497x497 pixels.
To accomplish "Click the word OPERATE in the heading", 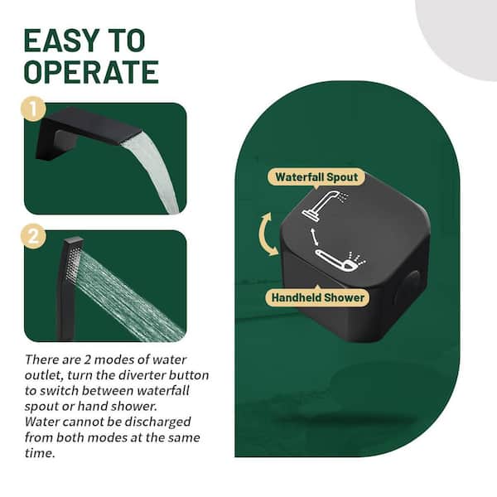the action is pos(91,72).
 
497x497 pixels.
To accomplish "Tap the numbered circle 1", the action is pos(33,109).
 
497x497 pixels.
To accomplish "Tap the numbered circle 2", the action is pos(33,236).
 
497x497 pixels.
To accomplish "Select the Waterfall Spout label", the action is pos(316,177).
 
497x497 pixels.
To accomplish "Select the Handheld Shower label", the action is pos(317,297).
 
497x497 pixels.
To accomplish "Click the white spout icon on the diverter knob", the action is pos(326,204).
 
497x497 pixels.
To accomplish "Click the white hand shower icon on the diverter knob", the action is pos(340,261).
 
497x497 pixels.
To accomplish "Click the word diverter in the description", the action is pos(142,375).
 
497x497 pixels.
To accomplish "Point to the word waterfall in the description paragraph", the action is pos(163,390).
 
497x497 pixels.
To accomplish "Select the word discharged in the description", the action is pos(157,422).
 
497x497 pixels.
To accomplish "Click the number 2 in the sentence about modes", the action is pos(87,359).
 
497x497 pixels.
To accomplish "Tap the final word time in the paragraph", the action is pos(40,453).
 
